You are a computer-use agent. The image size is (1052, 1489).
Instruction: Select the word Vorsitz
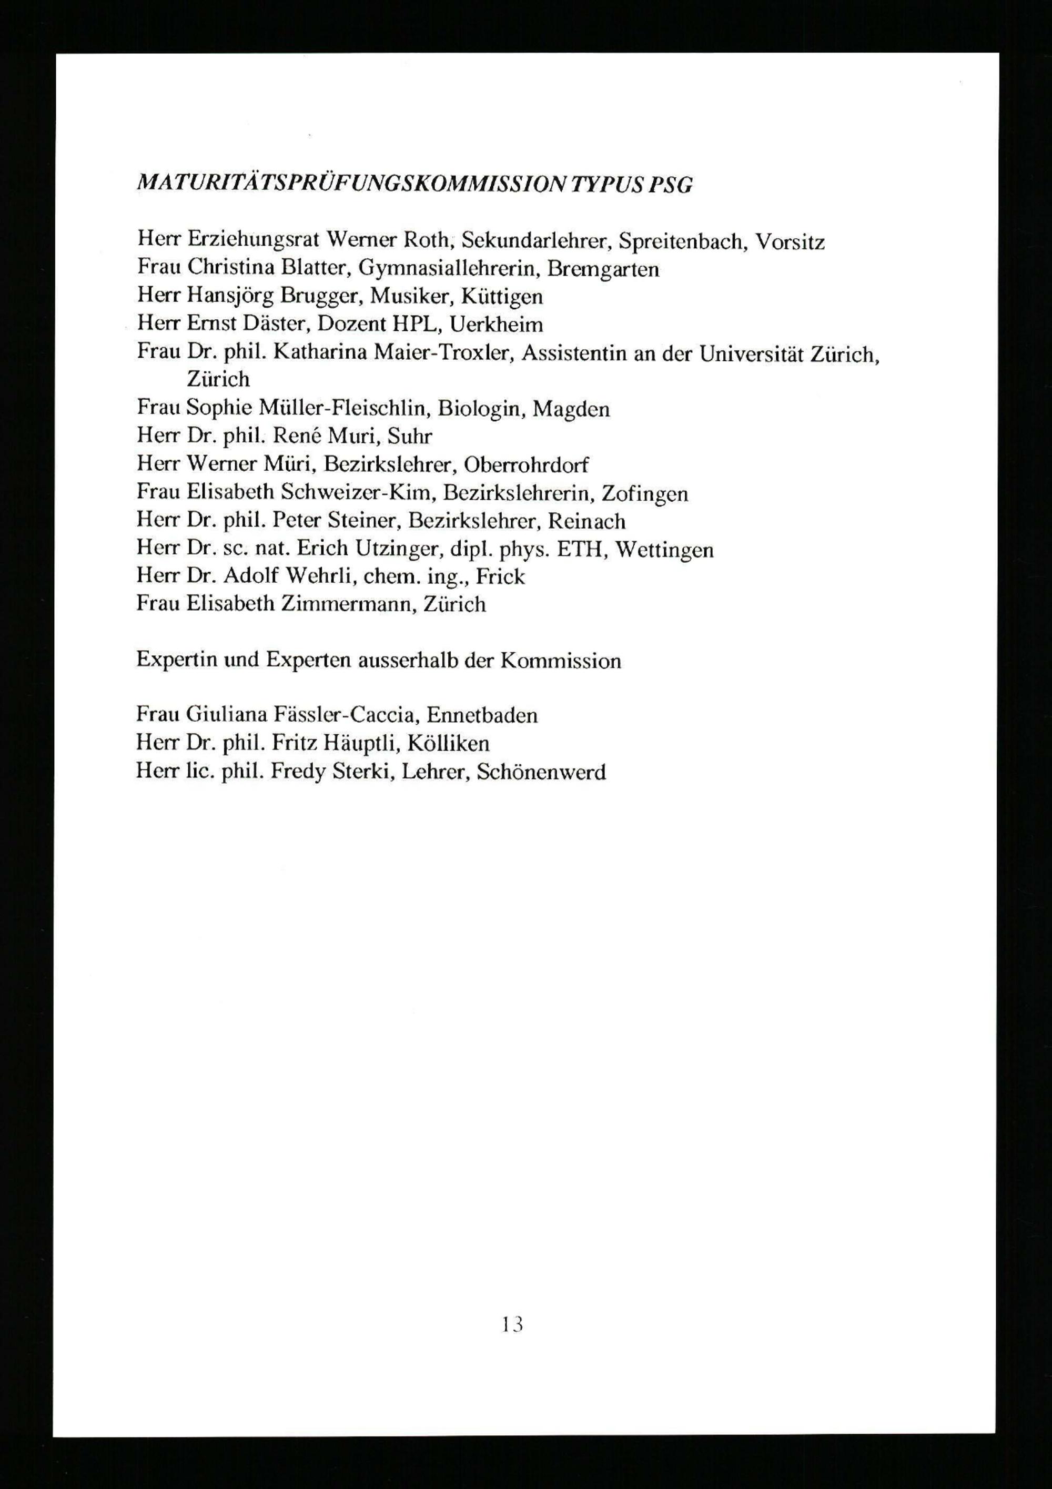coord(790,242)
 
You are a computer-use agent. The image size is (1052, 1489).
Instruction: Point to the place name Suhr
coord(409,437)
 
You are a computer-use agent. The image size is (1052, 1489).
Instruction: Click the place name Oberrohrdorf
coord(526,464)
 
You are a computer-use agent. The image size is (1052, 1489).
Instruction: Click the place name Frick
coord(500,576)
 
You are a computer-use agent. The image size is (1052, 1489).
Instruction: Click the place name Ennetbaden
coord(482,715)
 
